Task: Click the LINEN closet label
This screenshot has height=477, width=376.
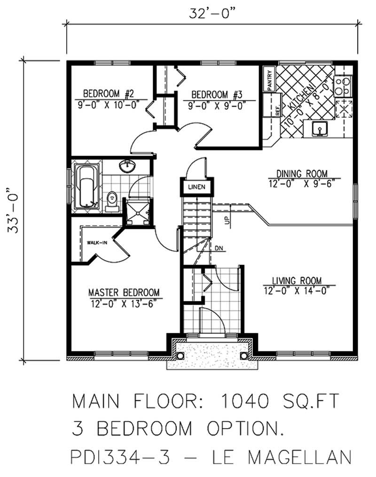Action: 194,188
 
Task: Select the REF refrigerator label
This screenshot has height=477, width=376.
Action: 277,111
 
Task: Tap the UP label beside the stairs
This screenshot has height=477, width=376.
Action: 227,221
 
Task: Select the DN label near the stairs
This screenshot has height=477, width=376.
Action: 219,247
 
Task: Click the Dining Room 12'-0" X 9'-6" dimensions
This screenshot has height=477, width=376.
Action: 304,184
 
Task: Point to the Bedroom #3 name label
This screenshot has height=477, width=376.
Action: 217,94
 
